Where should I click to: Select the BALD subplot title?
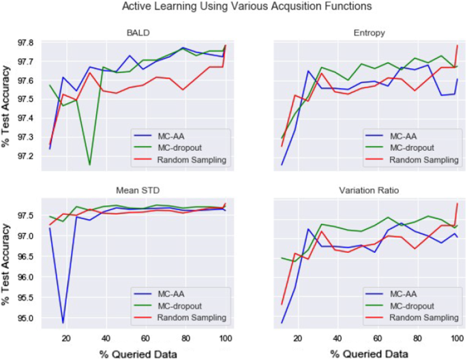tap(138, 32)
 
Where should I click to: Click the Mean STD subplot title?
tap(138, 192)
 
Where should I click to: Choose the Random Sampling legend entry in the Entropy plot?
tap(419, 159)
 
